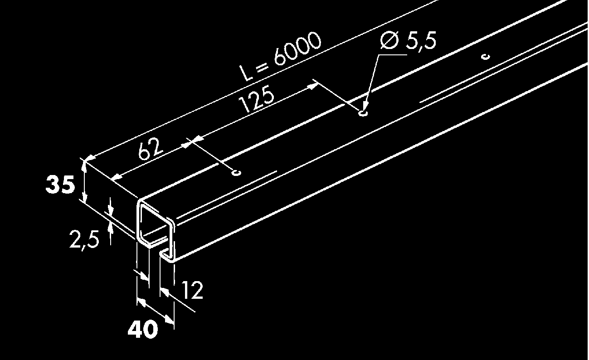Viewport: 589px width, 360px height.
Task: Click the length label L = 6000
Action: pyautogui.click(x=280, y=56)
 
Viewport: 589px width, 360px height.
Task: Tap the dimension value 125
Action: pyautogui.click(x=256, y=100)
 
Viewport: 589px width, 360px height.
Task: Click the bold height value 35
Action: pyautogui.click(x=60, y=185)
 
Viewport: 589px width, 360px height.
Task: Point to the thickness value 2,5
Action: pyautogui.click(x=84, y=239)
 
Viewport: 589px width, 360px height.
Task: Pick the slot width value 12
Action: pyautogui.click(x=192, y=290)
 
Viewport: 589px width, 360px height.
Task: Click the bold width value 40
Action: pyautogui.click(x=143, y=329)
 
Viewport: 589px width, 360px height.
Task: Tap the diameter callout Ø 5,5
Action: pyautogui.click(x=408, y=40)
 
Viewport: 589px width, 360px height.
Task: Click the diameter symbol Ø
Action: pyautogui.click(x=389, y=40)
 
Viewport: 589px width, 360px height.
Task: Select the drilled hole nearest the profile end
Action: pyautogui.click(x=236, y=173)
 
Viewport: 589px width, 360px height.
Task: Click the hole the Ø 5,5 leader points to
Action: pyautogui.click(x=363, y=113)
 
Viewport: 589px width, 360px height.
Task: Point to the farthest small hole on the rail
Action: pyautogui.click(x=486, y=57)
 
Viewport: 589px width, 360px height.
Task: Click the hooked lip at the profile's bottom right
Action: pyautogui.click(x=167, y=256)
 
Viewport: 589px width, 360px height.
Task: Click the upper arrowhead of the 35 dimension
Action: pyautogui.click(x=84, y=165)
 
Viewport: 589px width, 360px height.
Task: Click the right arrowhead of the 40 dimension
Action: pyautogui.click(x=169, y=320)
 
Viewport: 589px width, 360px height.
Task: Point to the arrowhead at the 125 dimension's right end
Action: pyautogui.click(x=312, y=87)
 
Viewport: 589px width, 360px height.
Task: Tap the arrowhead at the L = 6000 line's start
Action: pyautogui.click(x=90, y=157)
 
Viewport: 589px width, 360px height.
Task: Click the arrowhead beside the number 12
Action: pyautogui.click(x=164, y=292)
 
